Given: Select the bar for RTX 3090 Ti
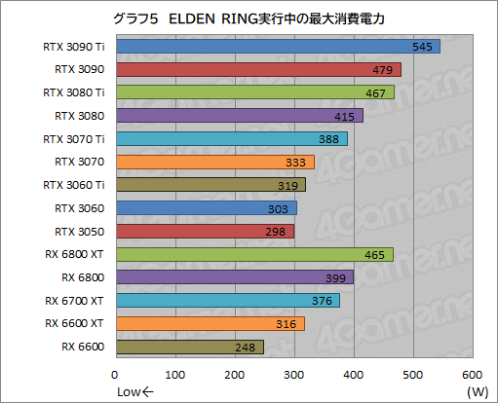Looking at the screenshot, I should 278,47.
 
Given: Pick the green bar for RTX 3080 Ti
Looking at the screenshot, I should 254,92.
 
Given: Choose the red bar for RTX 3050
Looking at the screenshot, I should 204,231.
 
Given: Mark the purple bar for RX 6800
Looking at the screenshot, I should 234,277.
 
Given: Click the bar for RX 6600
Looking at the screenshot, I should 189,347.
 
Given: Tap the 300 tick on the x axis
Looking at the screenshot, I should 294,375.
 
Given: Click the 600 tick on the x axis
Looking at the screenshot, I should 473,375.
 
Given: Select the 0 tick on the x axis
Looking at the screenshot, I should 116,375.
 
